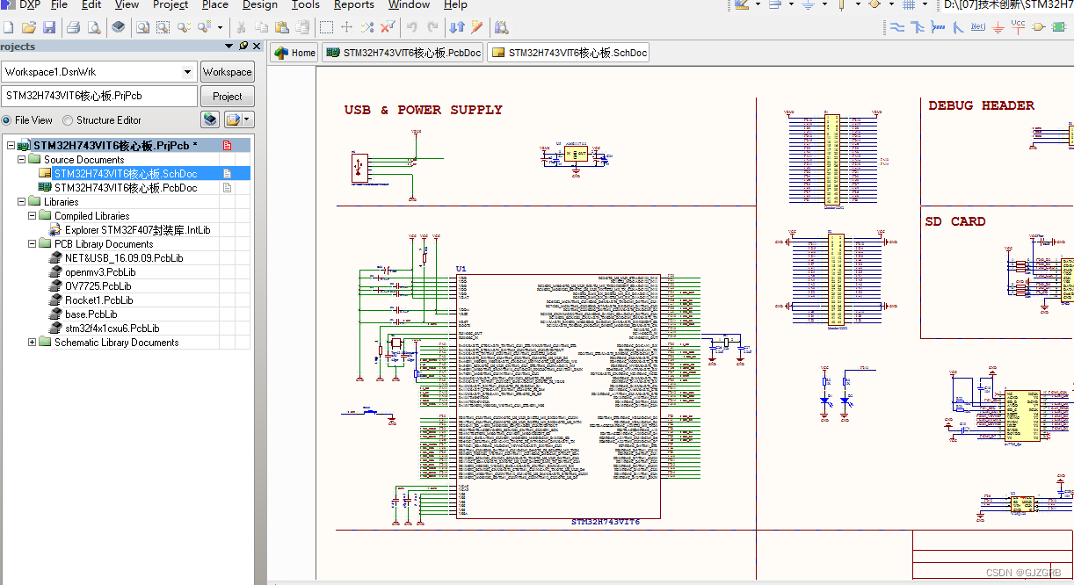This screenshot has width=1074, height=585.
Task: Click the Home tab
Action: click(x=294, y=53)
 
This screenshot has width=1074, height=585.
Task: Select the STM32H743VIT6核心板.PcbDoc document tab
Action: click(x=403, y=53)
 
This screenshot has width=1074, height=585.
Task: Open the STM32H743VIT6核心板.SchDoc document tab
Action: click(x=570, y=53)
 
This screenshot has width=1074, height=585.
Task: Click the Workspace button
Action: click(x=227, y=72)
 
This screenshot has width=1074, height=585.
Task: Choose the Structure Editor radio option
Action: click(x=69, y=120)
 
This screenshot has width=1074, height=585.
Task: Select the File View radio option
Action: click(x=7, y=120)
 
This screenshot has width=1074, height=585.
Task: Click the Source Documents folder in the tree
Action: click(x=83, y=160)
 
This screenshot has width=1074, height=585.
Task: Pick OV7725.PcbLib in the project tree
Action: click(x=98, y=286)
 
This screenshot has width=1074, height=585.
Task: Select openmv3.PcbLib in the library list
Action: click(x=100, y=272)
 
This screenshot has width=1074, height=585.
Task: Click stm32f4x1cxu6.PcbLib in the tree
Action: click(x=112, y=329)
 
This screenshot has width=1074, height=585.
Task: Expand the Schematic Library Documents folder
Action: click(x=33, y=343)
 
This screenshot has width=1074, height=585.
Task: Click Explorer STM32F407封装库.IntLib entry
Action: click(x=137, y=230)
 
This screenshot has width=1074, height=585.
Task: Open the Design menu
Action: click(x=259, y=5)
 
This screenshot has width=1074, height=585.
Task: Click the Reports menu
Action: click(x=353, y=5)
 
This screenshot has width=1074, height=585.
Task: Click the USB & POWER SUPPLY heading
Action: click(x=423, y=110)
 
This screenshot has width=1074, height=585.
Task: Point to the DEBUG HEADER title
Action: click(x=981, y=105)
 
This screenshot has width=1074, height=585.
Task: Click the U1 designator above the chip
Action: click(x=461, y=268)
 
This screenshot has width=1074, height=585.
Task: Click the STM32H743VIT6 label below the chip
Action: click(x=605, y=522)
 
